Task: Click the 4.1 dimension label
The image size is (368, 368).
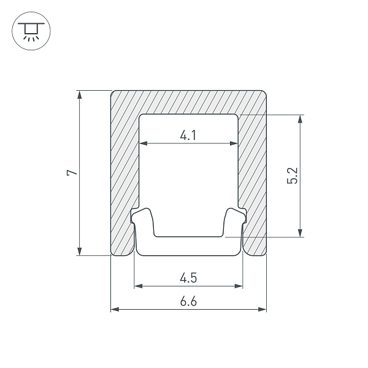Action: pyautogui.click(x=188, y=136)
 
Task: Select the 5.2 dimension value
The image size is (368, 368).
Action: pyautogui.click(x=293, y=175)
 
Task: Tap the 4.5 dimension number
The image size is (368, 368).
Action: pyautogui.click(x=188, y=278)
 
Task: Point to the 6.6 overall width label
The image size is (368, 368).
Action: pyautogui.click(x=188, y=301)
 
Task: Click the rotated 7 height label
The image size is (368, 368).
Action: pyautogui.click(x=72, y=172)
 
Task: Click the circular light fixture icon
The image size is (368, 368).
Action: pyautogui.click(x=31, y=31)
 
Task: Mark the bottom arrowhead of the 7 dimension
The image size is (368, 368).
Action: pyautogui.click(x=80, y=251)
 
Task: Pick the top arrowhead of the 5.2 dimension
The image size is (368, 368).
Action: pyautogui.click(x=300, y=119)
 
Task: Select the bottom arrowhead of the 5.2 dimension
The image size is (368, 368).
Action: pyautogui.click(x=300, y=233)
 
